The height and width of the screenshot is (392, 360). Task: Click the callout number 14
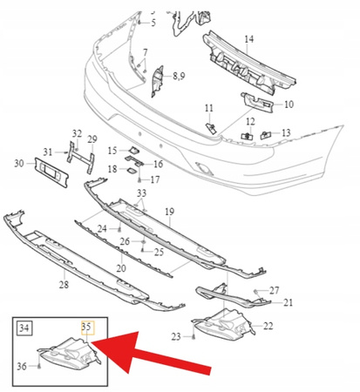tap(248, 39)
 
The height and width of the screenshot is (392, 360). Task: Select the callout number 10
tap(289, 104)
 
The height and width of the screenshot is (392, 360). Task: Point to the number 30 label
tap(19, 163)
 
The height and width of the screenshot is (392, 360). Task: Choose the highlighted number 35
tap(85, 328)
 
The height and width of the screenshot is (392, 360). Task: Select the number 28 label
tap(64, 285)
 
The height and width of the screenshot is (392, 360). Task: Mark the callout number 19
tap(170, 211)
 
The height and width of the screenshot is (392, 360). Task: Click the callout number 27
tap(275, 289)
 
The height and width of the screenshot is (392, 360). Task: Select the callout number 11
tap(208, 107)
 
